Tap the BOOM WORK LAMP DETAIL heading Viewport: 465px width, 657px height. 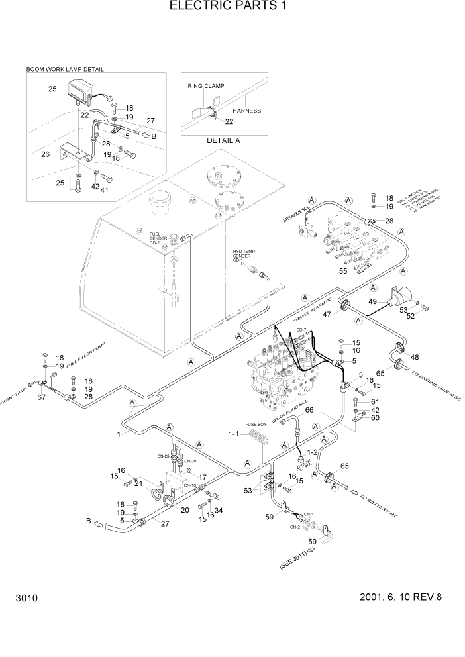click(65, 68)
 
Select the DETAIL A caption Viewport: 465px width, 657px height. click(223, 141)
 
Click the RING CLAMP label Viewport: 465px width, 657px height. click(206, 86)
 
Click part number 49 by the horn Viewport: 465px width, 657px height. click(373, 303)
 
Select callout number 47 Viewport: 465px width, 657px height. click(327, 314)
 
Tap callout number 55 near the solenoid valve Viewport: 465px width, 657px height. click(343, 271)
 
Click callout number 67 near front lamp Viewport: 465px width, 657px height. click(41, 397)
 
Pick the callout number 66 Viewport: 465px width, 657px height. click(308, 411)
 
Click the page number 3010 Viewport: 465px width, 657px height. click(25, 598)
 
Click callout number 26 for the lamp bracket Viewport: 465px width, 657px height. click(45, 155)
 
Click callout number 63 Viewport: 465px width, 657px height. click(248, 491)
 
